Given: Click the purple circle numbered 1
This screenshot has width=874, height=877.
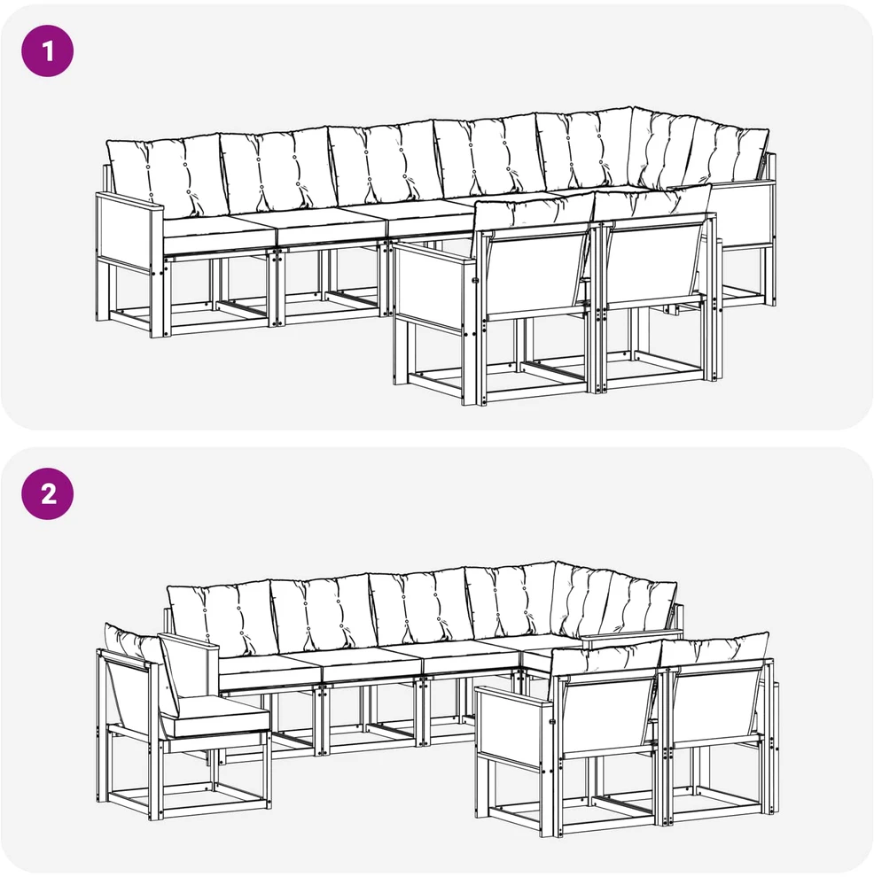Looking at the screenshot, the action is [48, 50].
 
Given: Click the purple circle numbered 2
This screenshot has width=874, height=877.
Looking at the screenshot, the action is [48, 494].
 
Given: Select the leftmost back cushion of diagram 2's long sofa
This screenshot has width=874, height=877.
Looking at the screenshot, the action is [222, 617].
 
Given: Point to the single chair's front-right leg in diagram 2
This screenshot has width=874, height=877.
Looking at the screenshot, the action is [266, 772].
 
